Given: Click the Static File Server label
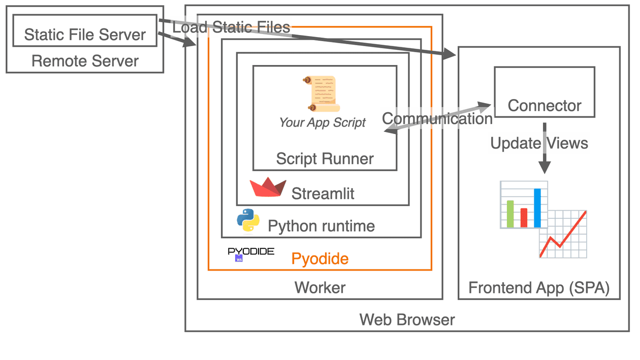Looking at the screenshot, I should coord(85,35).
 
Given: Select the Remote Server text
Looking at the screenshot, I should coord(85,61).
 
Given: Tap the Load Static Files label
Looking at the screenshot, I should coord(231,27).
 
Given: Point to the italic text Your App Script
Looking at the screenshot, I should coord(322,122).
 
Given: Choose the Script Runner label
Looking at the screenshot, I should coord(325,158).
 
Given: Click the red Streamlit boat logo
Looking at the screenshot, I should coord(268,187).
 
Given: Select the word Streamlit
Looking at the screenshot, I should coord(323,193).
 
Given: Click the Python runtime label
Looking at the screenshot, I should coord(321,226).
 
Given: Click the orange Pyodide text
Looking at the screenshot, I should coord(320,259).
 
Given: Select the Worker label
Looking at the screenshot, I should coord(320,288).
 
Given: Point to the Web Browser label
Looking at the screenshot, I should coord(407,320).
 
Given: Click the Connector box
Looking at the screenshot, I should coord(544,92).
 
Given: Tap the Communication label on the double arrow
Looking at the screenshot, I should coord(437,119).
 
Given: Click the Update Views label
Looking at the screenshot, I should coord(539,143).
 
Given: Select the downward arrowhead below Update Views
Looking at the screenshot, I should coord(545,167).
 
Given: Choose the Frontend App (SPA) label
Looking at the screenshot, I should coord(538,288).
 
